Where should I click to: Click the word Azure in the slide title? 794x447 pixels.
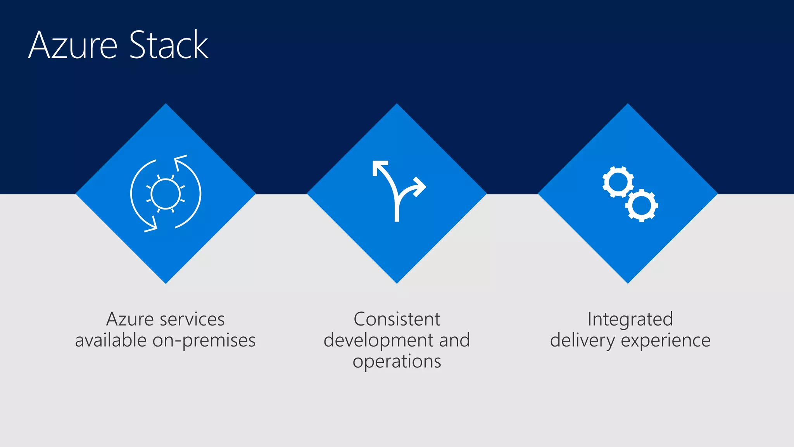click(x=73, y=45)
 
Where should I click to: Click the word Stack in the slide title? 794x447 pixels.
click(x=169, y=45)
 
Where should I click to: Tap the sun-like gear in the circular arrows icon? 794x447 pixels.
click(x=166, y=194)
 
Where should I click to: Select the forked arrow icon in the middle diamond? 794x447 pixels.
click(x=397, y=190)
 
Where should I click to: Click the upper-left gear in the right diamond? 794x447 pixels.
click(x=618, y=182)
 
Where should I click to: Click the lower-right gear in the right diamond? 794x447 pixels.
click(x=642, y=205)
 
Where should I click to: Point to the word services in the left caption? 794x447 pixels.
click(x=192, y=319)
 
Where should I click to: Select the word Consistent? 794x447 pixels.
click(x=397, y=319)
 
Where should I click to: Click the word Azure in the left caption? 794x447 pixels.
click(x=130, y=319)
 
